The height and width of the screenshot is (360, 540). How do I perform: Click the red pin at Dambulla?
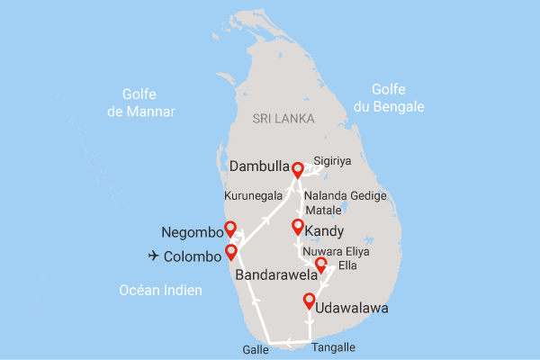click(296, 167)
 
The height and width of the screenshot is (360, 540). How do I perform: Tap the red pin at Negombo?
click(229, 229)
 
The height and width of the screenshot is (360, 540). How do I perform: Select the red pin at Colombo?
click(231, 252)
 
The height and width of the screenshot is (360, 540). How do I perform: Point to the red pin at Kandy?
click(298, 227)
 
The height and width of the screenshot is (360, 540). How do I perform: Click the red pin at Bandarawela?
click(321, 265)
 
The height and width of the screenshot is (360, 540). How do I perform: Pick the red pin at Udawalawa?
click(309, 301)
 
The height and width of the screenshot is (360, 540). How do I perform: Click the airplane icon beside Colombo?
click(153, 256)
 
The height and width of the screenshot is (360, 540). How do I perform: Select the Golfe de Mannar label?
click(137, 103)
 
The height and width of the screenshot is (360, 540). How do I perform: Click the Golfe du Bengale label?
click(396, 98)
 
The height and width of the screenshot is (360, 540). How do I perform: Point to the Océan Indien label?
click(161, 290)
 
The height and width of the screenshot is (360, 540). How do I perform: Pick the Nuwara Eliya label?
click(335, 251)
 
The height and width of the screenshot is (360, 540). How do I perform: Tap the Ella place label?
click(347, 266)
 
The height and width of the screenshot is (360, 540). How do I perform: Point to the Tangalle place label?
click(333, 347)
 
